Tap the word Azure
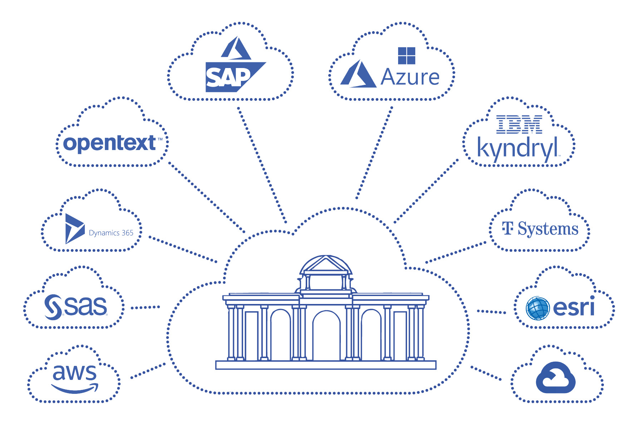click(410, 77)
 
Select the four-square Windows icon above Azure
click(406, 56)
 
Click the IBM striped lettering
click(519, 125)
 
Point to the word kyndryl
click(517, 148)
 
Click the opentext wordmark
click(109, 143)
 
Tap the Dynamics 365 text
click(111, 233)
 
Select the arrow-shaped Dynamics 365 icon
click(74, 228)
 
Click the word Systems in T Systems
click(548, 229)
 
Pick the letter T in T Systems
click(507, 228)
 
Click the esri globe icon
click(538, 308)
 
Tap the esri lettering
click(573, 307)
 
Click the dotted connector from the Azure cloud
click(374, 152)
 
